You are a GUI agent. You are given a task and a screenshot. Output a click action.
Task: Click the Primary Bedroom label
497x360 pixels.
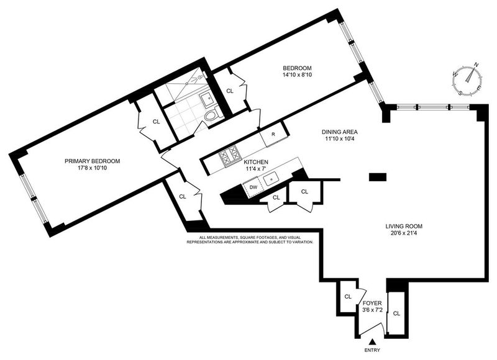point(92,161)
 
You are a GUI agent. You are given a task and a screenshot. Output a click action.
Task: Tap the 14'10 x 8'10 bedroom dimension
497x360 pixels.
point(297,75)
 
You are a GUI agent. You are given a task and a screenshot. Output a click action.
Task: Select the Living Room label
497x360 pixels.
point(404,227)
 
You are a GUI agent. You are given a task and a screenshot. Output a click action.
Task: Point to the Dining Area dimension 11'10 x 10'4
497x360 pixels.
point(340,138)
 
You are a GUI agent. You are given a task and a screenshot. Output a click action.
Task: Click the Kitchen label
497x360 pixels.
point(256,162)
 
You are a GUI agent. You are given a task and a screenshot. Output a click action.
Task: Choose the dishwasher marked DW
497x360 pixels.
point(253,187)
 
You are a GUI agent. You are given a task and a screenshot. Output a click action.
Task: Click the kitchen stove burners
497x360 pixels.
point(229,155)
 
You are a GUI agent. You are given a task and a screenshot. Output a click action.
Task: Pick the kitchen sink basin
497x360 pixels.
point(271,179)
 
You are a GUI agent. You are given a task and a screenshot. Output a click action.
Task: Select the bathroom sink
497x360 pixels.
point(207,99)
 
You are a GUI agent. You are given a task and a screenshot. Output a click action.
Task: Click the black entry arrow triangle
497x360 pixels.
point(373,341)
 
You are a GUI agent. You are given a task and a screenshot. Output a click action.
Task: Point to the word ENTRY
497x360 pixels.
point(372,350)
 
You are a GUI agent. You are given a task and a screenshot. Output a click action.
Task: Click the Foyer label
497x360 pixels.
point(372,303)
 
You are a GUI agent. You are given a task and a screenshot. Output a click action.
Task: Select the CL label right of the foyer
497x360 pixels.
point(396,313)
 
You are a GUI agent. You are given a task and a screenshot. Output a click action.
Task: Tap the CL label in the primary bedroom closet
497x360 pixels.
point(157,122)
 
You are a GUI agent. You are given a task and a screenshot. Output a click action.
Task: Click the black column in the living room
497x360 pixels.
point(378,177)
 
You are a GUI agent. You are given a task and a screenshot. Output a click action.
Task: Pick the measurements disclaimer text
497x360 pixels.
point(250,240)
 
